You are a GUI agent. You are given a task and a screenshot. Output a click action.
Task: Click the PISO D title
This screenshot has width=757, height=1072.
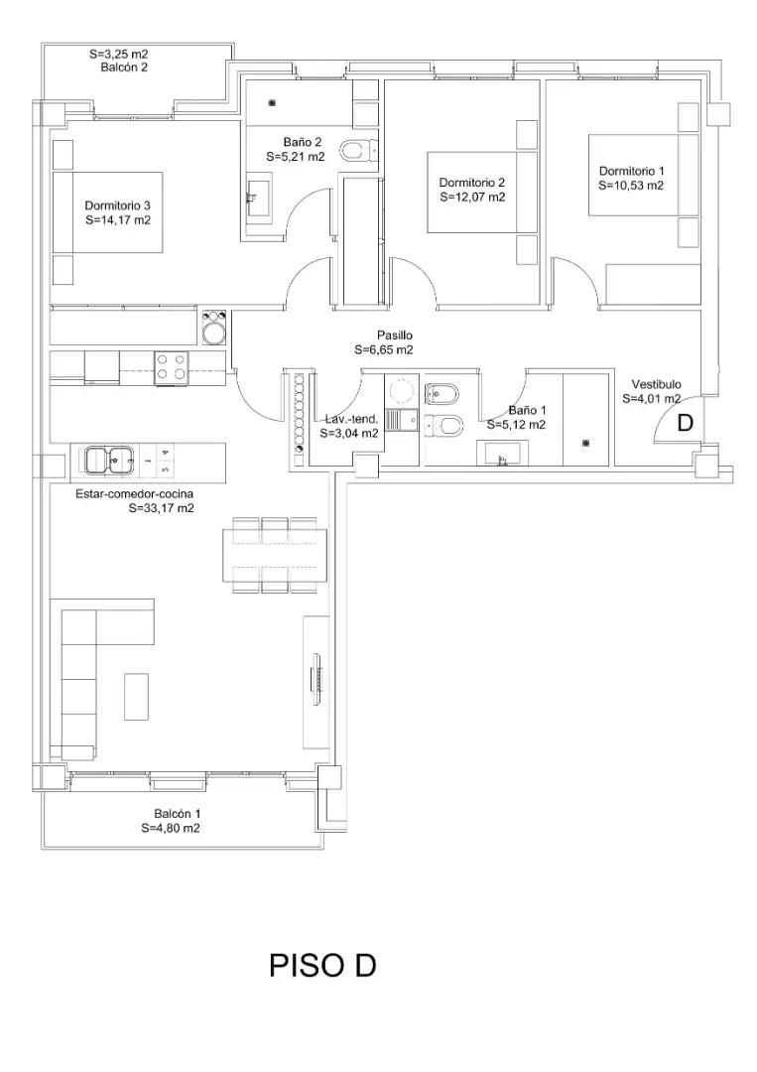(322, 966)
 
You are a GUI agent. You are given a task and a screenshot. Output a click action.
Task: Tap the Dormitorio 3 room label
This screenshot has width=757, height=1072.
(117, 205)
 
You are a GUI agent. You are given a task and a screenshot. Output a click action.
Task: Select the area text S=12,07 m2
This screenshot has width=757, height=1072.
(473, 197)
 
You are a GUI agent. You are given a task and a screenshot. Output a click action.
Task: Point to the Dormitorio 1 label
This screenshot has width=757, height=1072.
(631, 171)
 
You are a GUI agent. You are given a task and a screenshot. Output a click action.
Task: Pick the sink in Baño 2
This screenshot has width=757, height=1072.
(258, 199)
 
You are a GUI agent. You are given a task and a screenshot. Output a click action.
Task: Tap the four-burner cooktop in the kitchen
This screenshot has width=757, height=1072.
(171, 365)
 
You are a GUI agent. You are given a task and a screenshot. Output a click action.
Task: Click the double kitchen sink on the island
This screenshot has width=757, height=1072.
(109, 460)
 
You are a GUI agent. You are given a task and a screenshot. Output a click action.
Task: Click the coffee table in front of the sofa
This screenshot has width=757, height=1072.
(136, 696)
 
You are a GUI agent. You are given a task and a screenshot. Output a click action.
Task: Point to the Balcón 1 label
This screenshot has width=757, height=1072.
(177, 814)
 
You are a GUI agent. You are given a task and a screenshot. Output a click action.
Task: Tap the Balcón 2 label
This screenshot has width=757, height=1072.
(124, 67)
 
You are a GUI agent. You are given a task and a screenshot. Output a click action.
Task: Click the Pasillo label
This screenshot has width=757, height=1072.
(395, 335)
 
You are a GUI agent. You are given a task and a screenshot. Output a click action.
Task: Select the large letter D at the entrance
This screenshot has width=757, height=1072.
(685, 424)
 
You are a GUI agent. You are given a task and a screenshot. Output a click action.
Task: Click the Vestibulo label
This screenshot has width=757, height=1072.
(656, 384)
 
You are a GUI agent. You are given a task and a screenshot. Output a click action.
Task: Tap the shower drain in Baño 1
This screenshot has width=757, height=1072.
(584, 444)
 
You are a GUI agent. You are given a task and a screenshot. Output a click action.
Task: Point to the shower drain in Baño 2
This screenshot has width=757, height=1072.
(272, 103)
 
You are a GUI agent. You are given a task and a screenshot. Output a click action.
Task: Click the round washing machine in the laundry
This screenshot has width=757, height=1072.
(401, 391)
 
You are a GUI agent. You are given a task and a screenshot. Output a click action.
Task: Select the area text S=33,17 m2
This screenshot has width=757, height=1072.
(162, 508)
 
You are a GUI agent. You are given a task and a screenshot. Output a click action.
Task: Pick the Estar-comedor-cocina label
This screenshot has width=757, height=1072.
(134, 493)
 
